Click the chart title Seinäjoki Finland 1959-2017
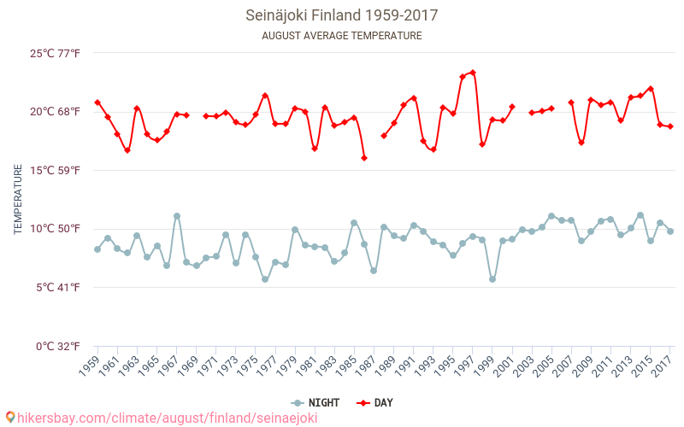pos(342,15)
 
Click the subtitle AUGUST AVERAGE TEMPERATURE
pos(342,36)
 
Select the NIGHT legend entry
pos(313,403)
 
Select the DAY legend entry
pos(376,403)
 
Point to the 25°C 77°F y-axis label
pos(55,53)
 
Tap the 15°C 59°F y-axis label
pos(55,170)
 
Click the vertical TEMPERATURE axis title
pos(19,200)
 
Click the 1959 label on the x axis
pos(88,366)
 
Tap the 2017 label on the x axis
pos(662,366)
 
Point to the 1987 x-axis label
pos(365,366)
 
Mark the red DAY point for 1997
pos(473,73)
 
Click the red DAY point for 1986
pos(364,158)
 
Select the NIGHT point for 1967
pos(177,216)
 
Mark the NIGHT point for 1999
pos(492,279)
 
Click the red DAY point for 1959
pos(97,102)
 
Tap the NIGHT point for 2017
pos(670,231)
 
